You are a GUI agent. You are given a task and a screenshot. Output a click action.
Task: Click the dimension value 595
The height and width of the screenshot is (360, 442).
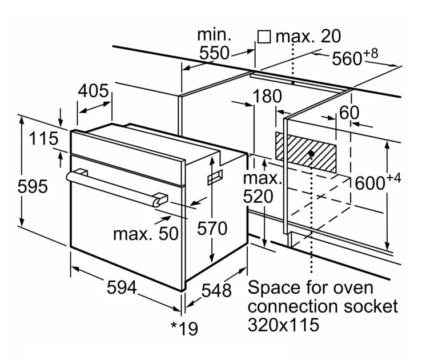(x=30, y=187)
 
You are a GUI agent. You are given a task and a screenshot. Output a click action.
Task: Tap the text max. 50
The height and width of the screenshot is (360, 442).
(x=145, y=233)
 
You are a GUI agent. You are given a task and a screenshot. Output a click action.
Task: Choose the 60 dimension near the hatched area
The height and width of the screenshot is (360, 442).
(x=349, y=113)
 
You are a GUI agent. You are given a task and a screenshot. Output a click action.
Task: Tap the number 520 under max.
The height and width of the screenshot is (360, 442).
(x=262, y=197)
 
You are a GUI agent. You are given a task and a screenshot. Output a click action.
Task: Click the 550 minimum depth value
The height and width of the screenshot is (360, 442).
(x=214, y=53)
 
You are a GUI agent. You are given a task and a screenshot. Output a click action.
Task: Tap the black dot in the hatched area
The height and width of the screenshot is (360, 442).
(x=311, y=154)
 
